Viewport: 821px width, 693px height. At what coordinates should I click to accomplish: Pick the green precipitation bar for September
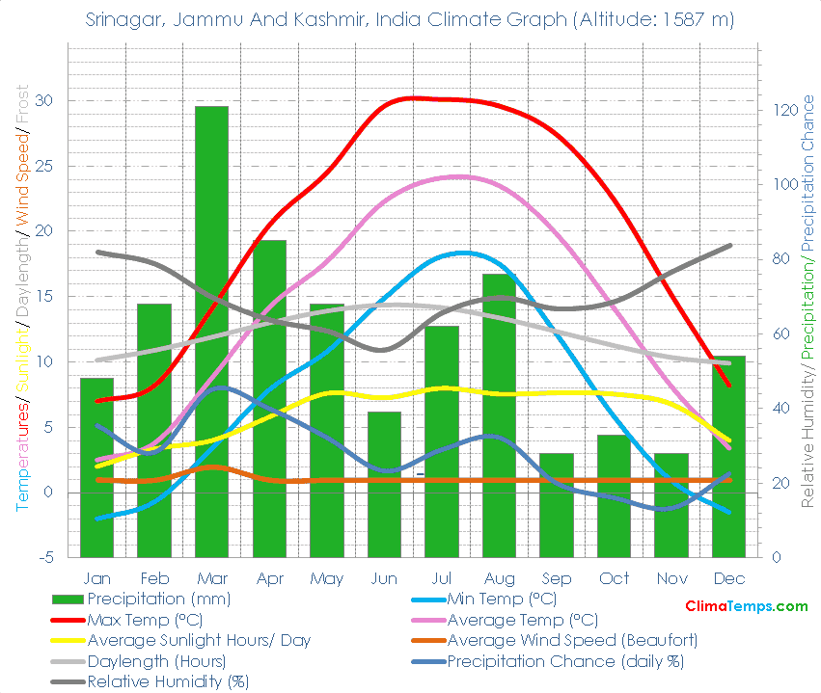pyautogui.click(x=556, y=504)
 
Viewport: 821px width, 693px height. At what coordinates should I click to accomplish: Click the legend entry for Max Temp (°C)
pyautogui.click(x=144, y=620)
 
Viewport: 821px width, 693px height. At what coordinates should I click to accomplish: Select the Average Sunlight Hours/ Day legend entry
pyautogui.click(x=199, y=640)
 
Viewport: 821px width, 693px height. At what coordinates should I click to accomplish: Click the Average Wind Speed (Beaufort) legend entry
pyautogui.click(x=572, y=640)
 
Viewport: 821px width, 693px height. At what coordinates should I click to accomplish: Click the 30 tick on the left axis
pyautogui.click(x=43, y=101)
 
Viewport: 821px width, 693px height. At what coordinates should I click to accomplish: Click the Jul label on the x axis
pyautogui.click(x=441, y=578)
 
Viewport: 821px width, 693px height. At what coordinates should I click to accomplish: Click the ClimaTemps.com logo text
pyautogui.click(x=746, y=606)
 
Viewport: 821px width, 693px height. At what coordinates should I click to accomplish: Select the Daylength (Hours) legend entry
pyautogui.click(x=156, y=661)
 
